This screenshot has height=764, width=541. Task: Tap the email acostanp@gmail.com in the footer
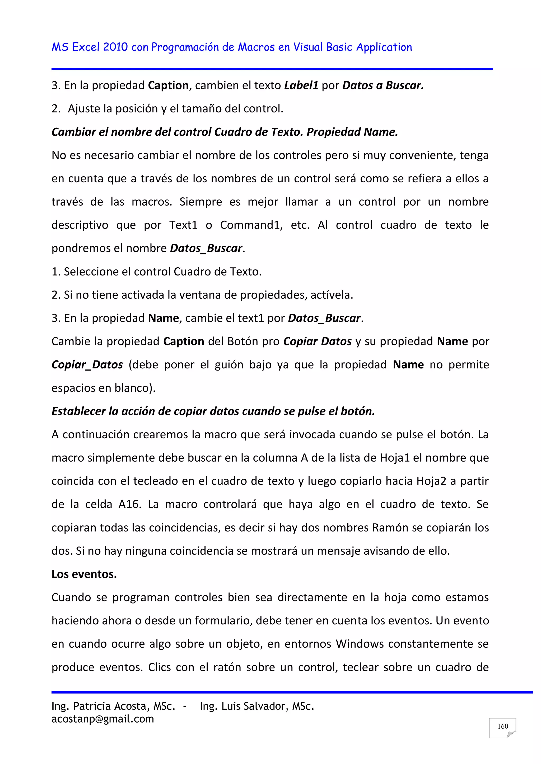coord(102,719)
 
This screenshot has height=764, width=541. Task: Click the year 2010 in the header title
coord(115,47)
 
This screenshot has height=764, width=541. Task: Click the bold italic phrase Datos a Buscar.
coord(383,86)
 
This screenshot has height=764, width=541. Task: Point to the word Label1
coord(301,86)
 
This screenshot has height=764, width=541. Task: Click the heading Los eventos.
coord(84,574)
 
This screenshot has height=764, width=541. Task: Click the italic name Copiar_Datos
coord(87,365)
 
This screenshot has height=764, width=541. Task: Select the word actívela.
coord(332,295)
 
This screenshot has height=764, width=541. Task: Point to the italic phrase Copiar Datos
coord(317,341)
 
